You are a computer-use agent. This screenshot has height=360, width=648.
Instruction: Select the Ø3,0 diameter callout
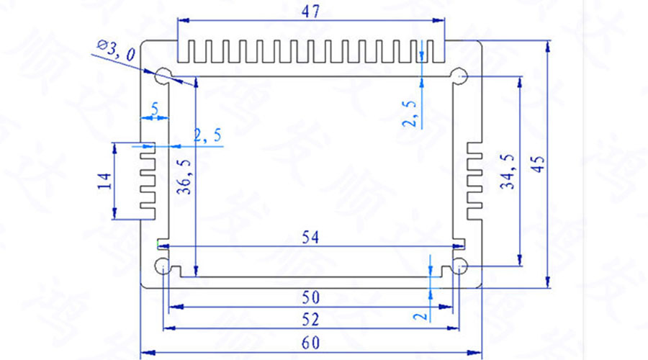pyautogui.click(x=114, y=51)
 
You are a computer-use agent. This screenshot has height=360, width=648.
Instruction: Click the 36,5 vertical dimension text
pyautogui.click(x=186, y=176)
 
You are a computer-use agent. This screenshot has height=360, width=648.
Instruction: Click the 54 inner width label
pyautogui.click(x=310, y=236)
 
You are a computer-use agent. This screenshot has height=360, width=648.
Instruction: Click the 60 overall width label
pyautogui.click(x=310, y=343)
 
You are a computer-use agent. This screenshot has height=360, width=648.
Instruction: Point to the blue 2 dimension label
pyautogui.click(x=423, y=314)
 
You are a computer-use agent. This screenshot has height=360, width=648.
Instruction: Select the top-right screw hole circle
pyautogui.click(x=459, y=76)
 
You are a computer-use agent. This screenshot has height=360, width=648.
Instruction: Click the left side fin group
pyautogui.click(x=148, y=179)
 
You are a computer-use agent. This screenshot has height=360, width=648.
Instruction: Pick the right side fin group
pyautogui.click(x=473, y=179)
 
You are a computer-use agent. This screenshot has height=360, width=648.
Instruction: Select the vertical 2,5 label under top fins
pyautogui.click(x=410, y=114)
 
